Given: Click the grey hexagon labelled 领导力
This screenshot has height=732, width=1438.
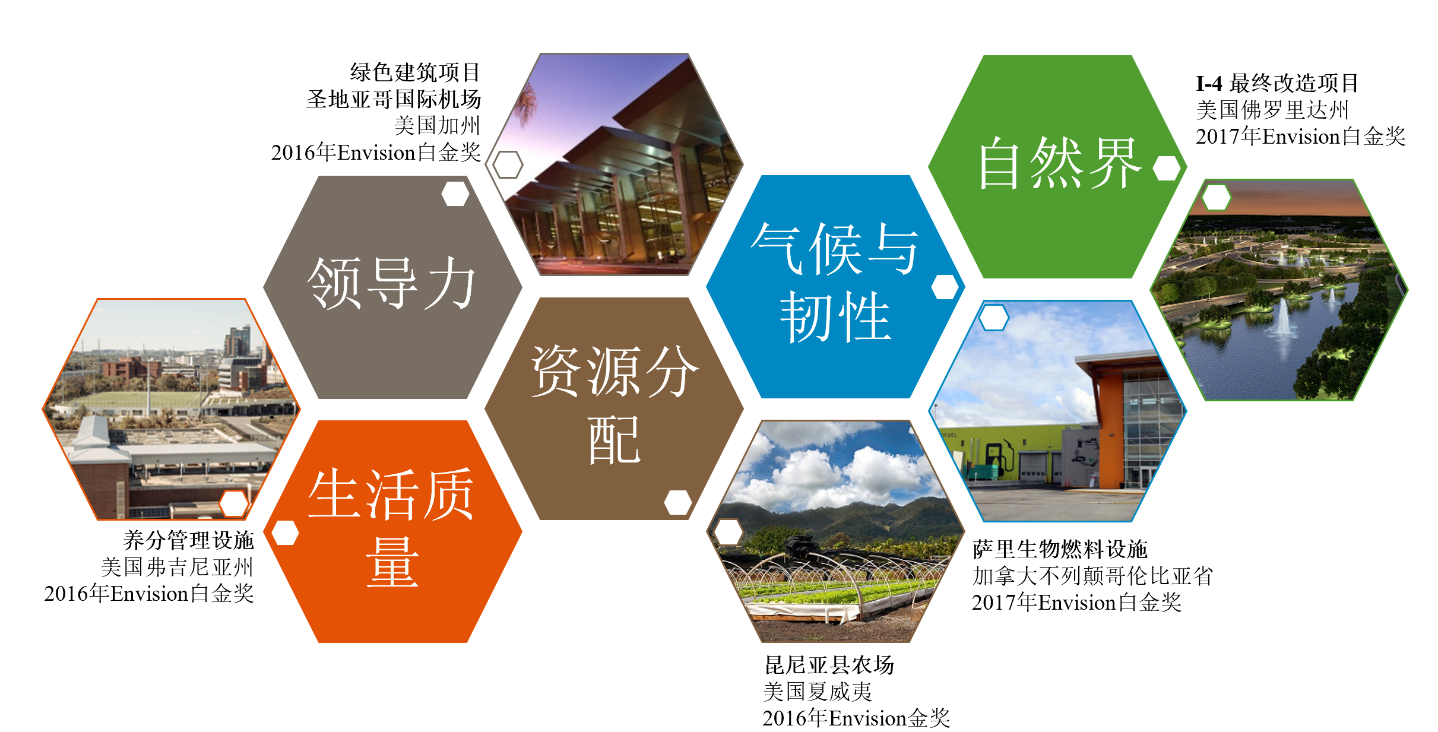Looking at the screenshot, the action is point(392,287).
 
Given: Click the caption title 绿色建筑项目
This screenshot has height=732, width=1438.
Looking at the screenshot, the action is point(415,72).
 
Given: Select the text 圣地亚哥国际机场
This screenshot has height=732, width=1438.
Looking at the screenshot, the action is point(393,99).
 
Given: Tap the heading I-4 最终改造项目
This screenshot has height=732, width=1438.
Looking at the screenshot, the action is point(1277,83).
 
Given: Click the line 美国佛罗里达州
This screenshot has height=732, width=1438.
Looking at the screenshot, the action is point(1272,110).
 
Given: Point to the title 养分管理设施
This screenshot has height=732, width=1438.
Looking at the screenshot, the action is point(188,540).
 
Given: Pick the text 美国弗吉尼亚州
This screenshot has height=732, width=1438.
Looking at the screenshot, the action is point(177,567).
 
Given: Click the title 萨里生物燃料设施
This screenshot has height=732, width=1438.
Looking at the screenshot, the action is point(1060,549).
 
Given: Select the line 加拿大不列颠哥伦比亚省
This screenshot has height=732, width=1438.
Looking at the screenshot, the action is point(1092,576).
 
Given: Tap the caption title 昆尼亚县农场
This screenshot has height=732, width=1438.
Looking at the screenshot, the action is point(829,665).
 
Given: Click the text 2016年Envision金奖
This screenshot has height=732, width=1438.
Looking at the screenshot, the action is point(856,718).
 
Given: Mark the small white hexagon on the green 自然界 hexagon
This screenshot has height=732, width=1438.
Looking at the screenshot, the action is point(1167,168).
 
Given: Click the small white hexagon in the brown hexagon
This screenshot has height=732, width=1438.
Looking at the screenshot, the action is point(678,502).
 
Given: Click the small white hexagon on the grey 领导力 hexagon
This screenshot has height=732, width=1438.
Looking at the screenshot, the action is point(455,194).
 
